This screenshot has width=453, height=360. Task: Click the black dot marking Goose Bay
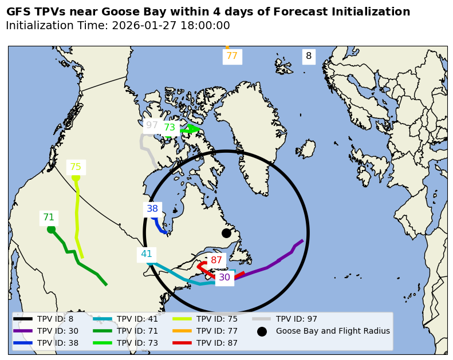226,233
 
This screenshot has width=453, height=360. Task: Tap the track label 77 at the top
232,56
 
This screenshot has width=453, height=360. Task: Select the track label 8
309,56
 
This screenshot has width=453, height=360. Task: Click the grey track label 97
152,125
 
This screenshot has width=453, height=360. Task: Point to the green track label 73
170,128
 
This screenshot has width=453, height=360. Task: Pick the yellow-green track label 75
76,167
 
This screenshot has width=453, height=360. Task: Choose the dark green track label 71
49,217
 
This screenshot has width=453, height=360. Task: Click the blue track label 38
152,209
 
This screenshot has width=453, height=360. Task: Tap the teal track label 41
147,254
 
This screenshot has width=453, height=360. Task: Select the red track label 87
216,260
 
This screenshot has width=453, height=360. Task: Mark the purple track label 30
224,278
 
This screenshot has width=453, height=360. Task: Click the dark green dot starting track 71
51,230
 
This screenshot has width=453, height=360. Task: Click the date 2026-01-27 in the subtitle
141,26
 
